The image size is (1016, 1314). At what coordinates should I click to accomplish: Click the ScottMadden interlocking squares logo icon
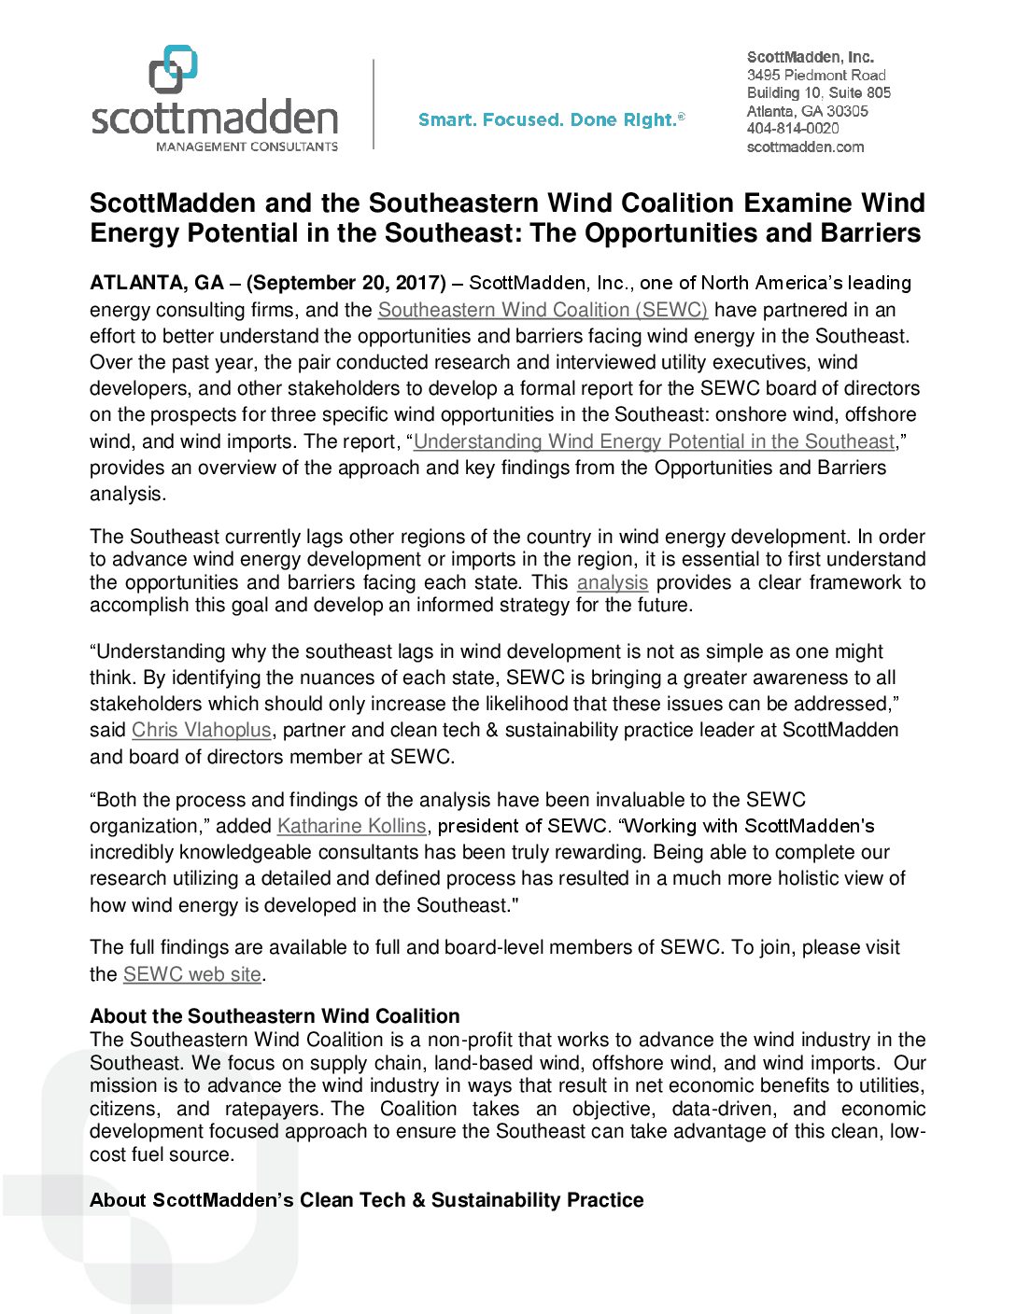pyautogui.click(x=173, y=69)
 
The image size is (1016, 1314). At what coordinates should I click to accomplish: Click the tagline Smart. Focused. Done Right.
pyautogui.click(x=551, y=119)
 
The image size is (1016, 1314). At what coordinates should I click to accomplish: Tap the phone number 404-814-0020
pyautogui.click(x=793, y=129)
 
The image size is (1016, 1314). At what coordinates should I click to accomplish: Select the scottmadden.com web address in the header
pyautogui.click(x=805, y=147)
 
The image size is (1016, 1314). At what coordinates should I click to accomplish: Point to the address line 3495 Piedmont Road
pyautogui.click(x=816, y=75)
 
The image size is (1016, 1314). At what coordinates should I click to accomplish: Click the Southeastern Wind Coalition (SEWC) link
pyautogui.click(x=543, y=310)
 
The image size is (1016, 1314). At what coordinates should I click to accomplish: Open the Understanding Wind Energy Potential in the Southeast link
pyautogui.click(x=654, y=441)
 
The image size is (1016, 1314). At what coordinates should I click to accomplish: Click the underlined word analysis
pyautogui.click(x=613, y=582)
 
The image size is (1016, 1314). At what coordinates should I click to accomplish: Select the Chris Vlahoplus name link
pyautogui.click(x=202, y=730)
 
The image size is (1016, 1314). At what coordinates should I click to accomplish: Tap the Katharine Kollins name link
pyautogui.click(x=352, y=826)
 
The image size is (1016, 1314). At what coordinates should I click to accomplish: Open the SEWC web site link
pyautogui.click(x=192, y=974)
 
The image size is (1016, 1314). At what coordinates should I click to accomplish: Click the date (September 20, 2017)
pyautogui.click(x=346, y=283)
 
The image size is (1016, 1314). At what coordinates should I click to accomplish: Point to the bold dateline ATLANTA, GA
pyautogui.click(x=157, y=283)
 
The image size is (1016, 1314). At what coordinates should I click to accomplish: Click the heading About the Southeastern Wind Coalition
pyautogui.click(x=275, y=1016)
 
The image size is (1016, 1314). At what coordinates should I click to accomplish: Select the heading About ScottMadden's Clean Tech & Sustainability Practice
pyautogui.click(x=366, y=1200)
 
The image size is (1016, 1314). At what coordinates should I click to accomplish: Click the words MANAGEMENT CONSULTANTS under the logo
pyautogui.click(x=247, y=147)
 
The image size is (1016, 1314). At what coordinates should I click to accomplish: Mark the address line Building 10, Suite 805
pyautogui.click(x=819, y=92)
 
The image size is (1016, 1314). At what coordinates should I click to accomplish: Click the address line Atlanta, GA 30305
pyautogui.click(x=808, y=111)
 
